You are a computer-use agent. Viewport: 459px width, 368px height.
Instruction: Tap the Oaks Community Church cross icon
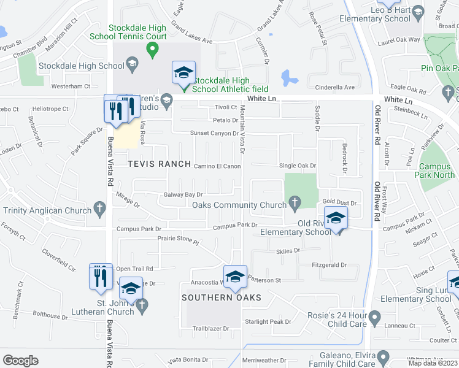click(x=295, y=202)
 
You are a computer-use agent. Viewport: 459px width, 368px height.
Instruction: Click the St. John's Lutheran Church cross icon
click(x=142, y=305)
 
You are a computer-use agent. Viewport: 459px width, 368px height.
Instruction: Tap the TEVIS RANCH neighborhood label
click(x=152, y=164)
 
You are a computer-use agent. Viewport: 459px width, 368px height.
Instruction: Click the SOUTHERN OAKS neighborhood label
click(x=222, y=297)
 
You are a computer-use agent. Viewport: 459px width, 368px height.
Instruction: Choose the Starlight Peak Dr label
click(x=268, y=321)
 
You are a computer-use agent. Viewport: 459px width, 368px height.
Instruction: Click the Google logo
click(x=20, y=361)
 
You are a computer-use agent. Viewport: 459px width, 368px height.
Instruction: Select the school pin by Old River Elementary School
click(x=336, y=218)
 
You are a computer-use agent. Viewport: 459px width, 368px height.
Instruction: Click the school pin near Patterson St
click(x=235, y=277)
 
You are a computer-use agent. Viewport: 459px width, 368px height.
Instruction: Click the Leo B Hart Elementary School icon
click(x=418, y=11)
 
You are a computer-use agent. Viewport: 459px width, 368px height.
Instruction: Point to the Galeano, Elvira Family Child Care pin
click(x=384, y=356)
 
